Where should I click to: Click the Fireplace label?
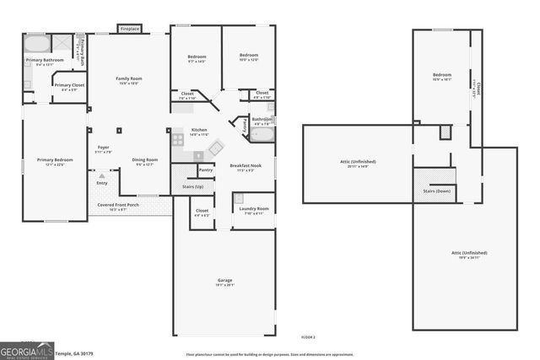coord(129,29)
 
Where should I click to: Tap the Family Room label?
coord(129,78)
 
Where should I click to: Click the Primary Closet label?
coord(68,85)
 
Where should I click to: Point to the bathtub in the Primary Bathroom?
coord(36,44)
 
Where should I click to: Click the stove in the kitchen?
coord(177,140)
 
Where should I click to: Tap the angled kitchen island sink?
coord(215,148)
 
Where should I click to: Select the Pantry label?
coord(205,169)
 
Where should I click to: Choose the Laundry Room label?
coord(251,208)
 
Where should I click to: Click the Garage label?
coord(224,280)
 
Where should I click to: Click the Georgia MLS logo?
coord(28,350)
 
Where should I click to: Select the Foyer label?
coord(103,148)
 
